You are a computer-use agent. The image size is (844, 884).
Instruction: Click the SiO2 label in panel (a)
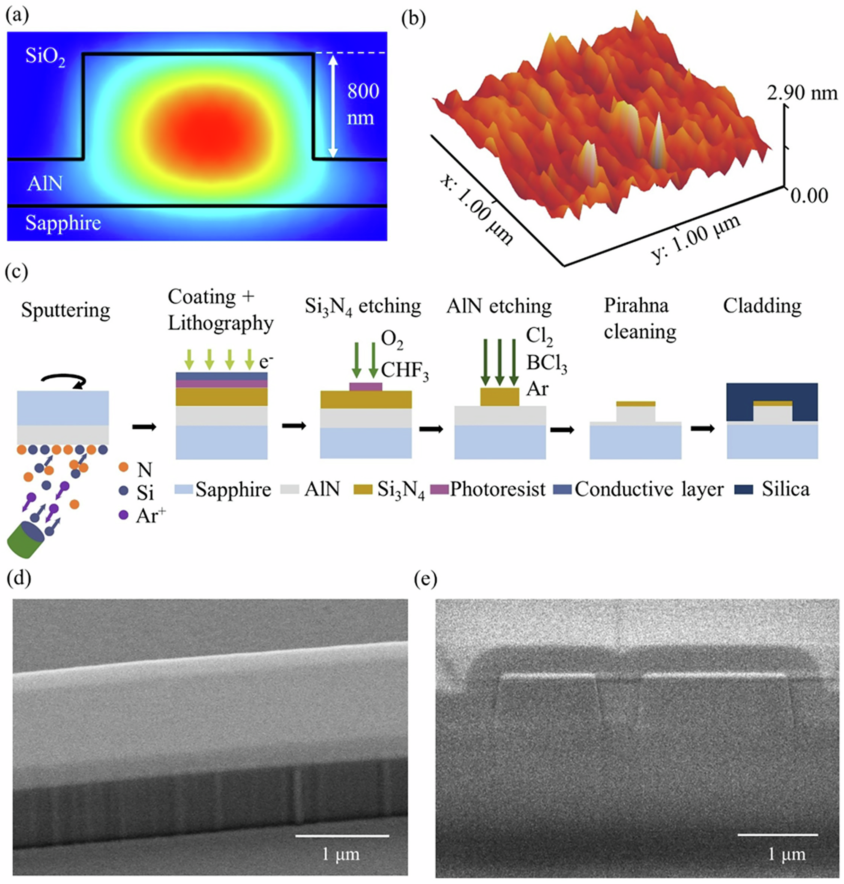(x=45, y=58)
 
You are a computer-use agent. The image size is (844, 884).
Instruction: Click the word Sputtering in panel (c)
(x=66, y=310)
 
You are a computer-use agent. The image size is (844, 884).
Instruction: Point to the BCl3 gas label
(x=546, y=365)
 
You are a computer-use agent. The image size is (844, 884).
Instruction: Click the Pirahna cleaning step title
(x=640, y=319)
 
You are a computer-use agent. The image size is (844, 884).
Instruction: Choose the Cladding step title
(x=762, y=306)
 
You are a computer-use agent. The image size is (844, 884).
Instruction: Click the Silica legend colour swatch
(x=743, y=489)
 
